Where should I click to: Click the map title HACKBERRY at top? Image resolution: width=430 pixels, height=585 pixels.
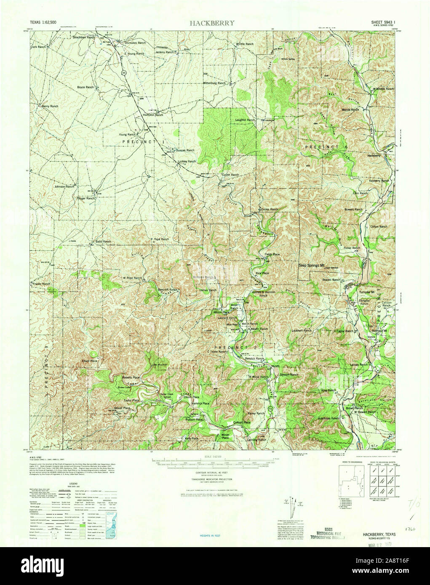212,23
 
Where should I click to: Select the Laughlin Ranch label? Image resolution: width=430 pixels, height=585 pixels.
245,120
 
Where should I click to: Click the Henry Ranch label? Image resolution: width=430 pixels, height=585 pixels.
50,106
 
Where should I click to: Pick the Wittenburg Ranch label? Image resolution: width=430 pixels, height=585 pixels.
214,83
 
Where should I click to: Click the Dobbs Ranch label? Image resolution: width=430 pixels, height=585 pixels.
270,209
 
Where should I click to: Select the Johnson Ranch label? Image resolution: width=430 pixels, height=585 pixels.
64,186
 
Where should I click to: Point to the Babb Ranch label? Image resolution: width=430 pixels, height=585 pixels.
103,242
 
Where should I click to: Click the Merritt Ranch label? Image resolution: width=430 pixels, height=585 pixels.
350,109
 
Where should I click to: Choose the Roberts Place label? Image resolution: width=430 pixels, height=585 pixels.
131,378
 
